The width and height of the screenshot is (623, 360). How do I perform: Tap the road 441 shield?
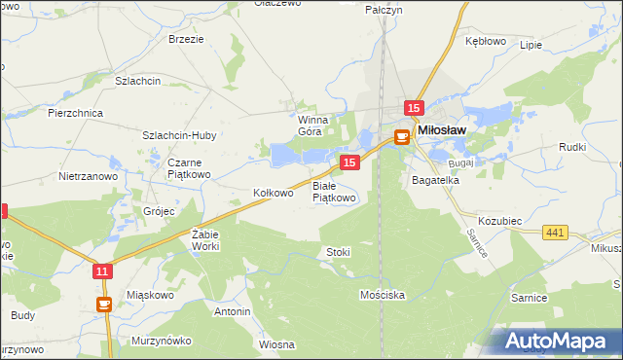[556, 231]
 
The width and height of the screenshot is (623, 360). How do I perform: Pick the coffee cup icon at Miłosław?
[401, 138]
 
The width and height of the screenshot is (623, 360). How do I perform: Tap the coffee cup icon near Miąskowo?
[103, 304]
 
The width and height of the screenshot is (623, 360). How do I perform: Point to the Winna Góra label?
[310, 126]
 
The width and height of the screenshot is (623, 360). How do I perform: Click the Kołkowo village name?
[273, 193]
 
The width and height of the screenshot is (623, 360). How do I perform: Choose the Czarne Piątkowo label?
[188, 168]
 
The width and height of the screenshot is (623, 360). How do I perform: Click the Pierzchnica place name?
[75, 113]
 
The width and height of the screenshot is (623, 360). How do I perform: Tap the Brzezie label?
[186, 39]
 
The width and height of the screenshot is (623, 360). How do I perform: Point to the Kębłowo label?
[486, 41]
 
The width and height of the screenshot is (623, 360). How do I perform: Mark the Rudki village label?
[571, 146]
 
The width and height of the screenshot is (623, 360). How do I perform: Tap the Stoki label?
[338, 252]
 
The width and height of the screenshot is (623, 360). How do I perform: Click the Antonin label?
[233, 311]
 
